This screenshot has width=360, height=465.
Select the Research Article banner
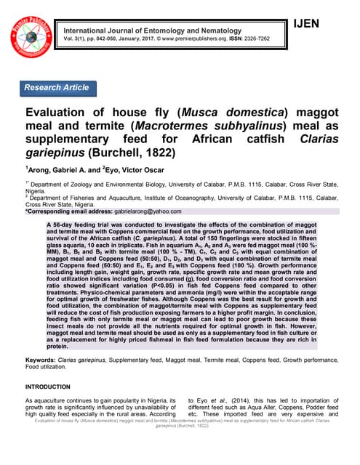pos(57,88)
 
